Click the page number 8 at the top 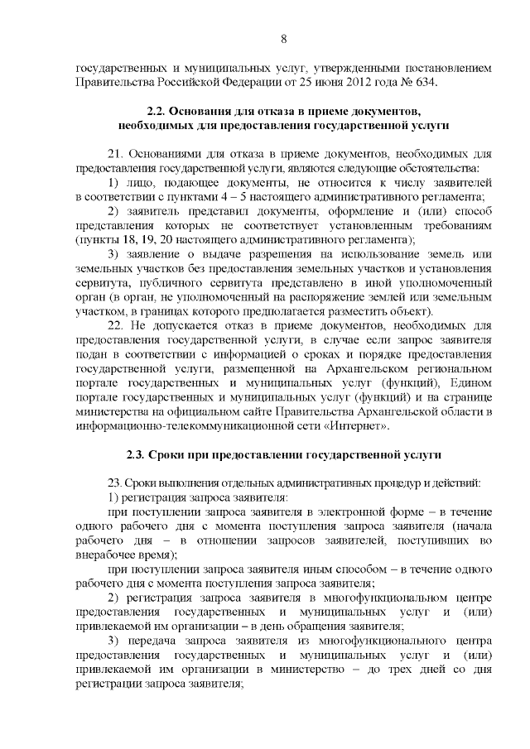click(x=283, y=39)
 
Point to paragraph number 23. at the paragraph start click(x=117, y=483)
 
